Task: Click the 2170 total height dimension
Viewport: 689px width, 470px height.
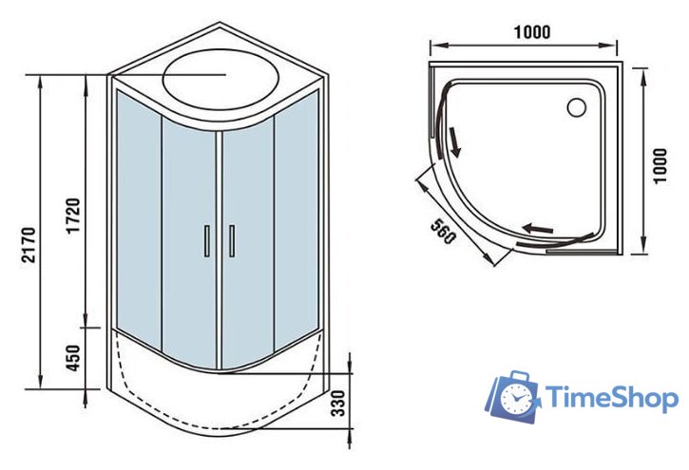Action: [x=29, y=245]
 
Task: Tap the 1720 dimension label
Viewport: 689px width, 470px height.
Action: [x=73, y=216]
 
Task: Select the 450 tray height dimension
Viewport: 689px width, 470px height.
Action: [x=73, y=358]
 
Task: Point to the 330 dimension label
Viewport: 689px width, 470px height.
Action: [x=338, y=403]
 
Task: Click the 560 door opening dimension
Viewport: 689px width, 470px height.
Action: [x=443, y=231]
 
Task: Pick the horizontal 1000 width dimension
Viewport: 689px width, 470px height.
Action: [x=531, y=32]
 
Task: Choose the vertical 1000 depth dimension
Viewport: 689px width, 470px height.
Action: [x=660, y=166]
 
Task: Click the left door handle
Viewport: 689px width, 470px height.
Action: [x=207, y=240]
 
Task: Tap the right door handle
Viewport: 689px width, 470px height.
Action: [x=232, y=240]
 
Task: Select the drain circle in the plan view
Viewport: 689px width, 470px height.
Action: [x=576, y=107]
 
